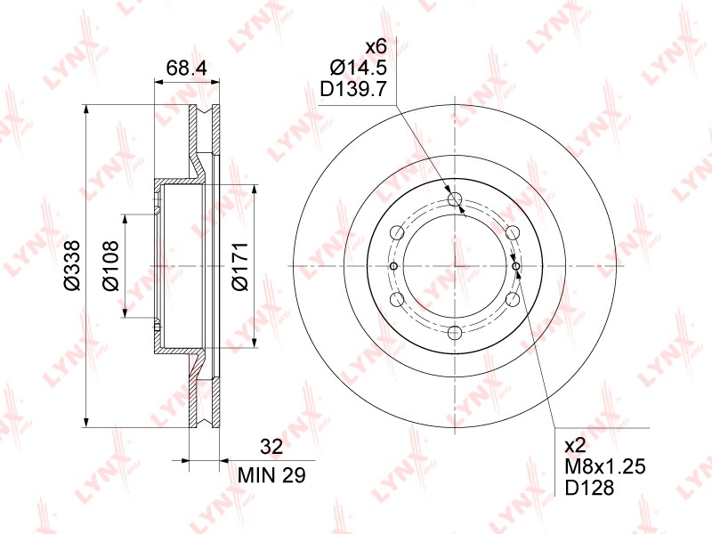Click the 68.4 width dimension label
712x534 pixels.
(186, 69)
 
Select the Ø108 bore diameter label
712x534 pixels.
(110, 265)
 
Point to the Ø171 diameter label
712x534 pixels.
(240, 266)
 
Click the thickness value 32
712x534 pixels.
(271, 447)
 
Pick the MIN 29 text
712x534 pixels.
(272, 475)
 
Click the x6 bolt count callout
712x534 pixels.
(376, 46)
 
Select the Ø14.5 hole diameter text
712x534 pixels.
(359, 69)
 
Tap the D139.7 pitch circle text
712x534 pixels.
(353, 90)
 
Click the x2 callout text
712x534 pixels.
(575, 447)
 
